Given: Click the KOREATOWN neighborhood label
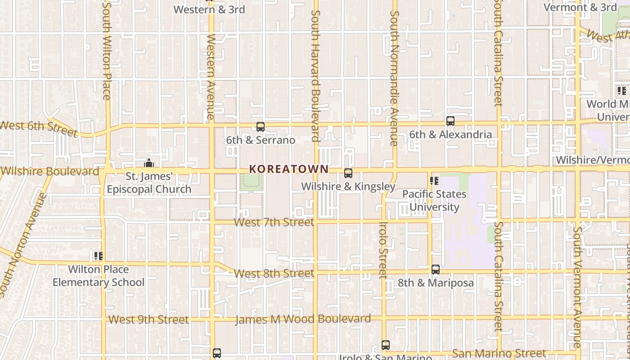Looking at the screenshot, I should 289,169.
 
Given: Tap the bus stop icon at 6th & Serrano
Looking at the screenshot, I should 261,127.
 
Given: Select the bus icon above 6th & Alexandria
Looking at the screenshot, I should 450,121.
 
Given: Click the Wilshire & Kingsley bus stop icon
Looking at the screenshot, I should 348,173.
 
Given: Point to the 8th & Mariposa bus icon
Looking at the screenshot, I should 436,270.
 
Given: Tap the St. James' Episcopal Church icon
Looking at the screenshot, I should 149,163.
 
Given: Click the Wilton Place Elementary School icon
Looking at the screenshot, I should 99,256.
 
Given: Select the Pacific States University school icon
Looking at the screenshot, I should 434,181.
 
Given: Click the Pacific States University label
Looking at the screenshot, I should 434,201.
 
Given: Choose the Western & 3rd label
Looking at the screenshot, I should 209,9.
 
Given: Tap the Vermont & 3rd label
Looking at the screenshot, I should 580,7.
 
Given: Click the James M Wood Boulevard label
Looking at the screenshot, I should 303,319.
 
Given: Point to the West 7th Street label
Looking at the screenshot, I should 274,222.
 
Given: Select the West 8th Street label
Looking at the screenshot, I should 274,274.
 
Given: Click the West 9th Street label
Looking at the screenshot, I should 149,320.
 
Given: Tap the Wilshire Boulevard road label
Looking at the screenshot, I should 50,171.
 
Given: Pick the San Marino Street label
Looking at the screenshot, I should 499,353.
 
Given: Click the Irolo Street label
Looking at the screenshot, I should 383,250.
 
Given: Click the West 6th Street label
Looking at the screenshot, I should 39,128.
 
